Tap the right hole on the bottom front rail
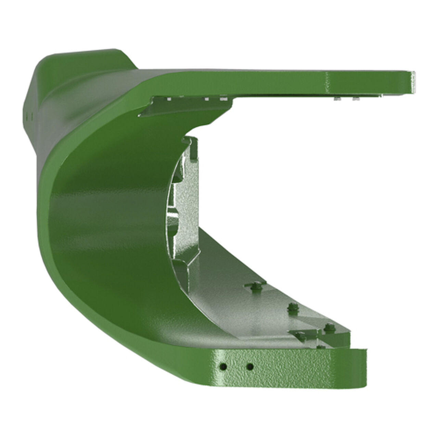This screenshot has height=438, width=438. (x=250, y=367)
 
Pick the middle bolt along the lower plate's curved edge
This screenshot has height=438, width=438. (x=292, y=306)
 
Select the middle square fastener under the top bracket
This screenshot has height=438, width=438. (x=206, y=100)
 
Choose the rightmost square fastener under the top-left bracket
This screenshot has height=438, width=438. (x=224, y=99)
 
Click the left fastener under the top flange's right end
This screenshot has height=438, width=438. (x=338, y=99)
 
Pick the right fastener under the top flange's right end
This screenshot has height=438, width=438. (x=356, y=99)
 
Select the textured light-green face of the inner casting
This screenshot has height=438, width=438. (x=186, y=205)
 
